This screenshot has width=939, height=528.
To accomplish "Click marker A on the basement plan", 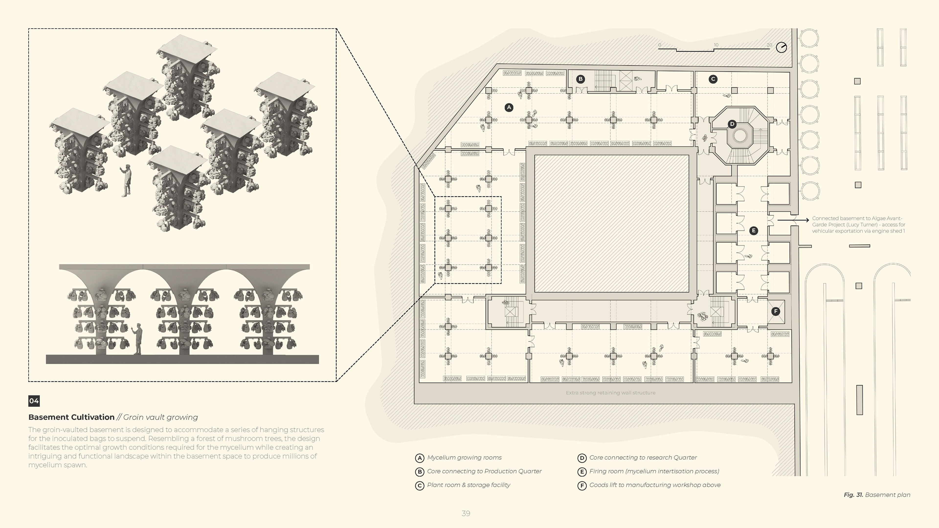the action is (509, 108).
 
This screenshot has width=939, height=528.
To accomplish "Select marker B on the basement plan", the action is (580, 79).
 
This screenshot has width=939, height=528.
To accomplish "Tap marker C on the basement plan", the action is (713, 79).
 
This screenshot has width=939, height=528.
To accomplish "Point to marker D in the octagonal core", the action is (732, 124).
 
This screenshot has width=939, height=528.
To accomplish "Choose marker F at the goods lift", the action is (776, 311).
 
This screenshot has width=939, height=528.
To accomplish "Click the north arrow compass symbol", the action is (781, 48).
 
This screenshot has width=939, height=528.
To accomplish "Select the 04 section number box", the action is (34, 401).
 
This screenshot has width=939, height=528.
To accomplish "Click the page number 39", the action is (466, 513).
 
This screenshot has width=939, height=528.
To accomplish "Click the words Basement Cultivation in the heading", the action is (71, 417).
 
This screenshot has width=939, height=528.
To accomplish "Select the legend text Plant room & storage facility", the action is (469, 485).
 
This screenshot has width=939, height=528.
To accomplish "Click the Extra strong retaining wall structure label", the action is (611, 393).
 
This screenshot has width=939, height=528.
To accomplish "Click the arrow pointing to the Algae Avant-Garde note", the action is (793, 220).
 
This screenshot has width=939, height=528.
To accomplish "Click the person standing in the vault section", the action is (137, 339).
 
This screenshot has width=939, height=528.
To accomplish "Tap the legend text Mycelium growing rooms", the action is (464, 458).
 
